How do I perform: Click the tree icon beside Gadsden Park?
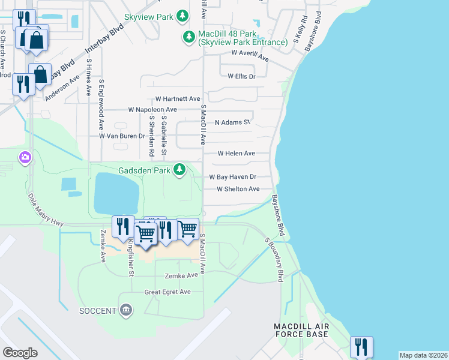click(179, 170)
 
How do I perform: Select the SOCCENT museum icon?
click(126, 310)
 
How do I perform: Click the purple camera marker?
click(25, 158)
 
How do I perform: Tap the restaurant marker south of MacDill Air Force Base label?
click(361, 347)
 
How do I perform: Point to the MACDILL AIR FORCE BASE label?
click(301, 329)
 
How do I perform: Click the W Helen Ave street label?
click(236, 154)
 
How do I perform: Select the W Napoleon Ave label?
click(152, 110)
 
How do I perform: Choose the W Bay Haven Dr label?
click(233, 177)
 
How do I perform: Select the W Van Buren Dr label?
click(122, 136)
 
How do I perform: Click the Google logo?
click(20, 352)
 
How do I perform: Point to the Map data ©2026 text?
click(423, 355)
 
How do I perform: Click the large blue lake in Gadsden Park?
click(116, 193)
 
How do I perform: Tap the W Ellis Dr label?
click(241, 76)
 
